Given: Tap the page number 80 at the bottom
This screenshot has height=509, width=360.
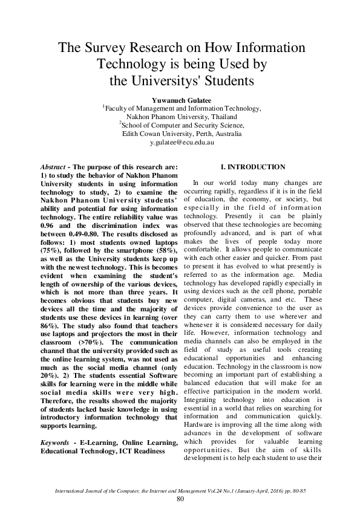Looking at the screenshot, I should click(x=180, y=498).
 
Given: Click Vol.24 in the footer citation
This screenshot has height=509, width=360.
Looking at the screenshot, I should click(x=230, y=490).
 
